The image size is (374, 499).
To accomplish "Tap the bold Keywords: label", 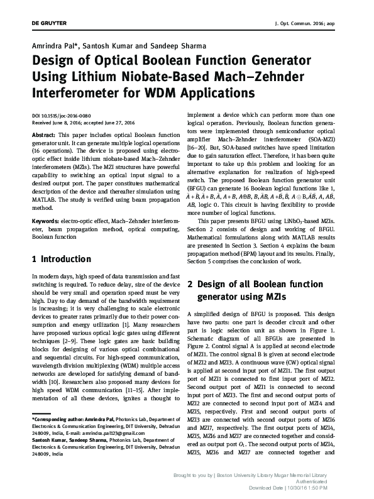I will [45, 221].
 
